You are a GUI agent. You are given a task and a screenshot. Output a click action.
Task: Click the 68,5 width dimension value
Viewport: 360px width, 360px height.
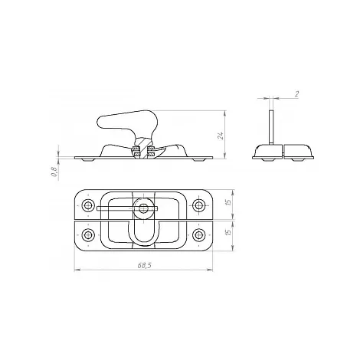[145, 265]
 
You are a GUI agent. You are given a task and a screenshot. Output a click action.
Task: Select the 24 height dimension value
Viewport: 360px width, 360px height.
[221, 136]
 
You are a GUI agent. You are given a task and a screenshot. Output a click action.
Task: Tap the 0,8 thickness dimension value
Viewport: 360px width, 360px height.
[54, 172]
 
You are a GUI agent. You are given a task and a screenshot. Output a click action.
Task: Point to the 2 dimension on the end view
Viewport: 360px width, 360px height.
[296, 94]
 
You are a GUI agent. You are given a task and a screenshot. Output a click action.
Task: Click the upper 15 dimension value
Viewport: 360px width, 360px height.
[229, 202]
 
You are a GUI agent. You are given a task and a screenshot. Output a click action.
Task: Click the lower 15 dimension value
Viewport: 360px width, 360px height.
[229, 232]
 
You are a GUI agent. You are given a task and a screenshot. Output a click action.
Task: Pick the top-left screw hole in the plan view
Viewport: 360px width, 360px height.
[88, 205]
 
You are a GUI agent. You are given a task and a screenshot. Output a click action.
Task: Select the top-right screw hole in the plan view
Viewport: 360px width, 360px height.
[198, 205]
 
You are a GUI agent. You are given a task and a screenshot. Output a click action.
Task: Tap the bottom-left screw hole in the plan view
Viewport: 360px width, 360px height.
[88, 234]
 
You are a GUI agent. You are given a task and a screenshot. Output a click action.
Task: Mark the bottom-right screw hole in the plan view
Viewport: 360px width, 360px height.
[198, 234]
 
